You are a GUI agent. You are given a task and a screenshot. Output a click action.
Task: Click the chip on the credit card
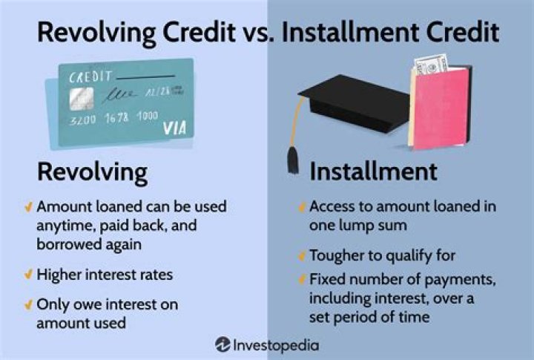coord(82,99)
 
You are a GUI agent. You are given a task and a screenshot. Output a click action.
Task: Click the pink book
coord(442,108)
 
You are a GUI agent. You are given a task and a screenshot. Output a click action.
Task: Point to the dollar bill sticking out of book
coord(431,65)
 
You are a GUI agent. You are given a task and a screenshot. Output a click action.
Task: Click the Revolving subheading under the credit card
coord(92,172)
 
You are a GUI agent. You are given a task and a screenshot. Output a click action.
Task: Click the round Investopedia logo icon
coord(222,344)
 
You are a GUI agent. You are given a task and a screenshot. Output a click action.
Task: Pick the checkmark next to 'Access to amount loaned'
coord(302,207)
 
